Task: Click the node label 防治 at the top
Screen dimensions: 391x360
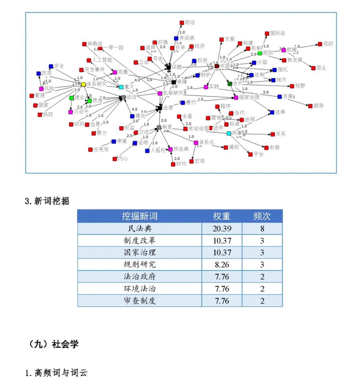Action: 190,23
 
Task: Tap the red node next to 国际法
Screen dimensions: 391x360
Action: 267,34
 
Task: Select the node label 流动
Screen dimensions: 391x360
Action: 328,44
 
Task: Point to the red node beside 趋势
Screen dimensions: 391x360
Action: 310,106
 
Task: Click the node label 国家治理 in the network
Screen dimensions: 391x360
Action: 249,97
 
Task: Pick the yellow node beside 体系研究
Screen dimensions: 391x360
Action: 83,84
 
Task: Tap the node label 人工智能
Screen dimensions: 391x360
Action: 102,60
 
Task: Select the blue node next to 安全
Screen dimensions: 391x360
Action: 51,67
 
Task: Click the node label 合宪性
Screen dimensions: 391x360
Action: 101,149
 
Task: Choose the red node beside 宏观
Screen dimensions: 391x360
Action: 192,161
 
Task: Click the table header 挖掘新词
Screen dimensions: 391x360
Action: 139,216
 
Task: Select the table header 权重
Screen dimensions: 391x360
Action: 222,216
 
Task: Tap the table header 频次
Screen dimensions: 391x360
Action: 262,216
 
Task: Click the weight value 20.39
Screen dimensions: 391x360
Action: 222,229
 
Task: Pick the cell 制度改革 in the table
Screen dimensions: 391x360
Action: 139,241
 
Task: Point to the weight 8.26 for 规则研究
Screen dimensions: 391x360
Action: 222,265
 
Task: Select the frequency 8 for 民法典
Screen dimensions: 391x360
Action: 262,229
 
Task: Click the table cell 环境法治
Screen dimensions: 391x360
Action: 139,289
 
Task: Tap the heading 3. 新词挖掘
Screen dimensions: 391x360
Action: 47,201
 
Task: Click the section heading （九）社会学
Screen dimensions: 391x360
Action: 53,344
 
